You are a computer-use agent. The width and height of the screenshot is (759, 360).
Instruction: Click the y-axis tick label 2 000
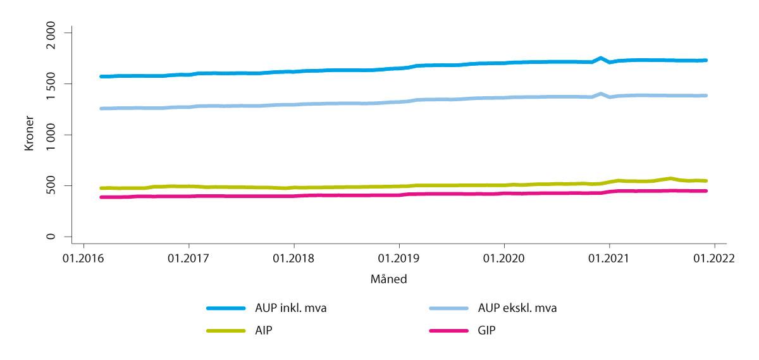57,32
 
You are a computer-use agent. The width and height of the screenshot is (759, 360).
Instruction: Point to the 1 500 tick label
57,84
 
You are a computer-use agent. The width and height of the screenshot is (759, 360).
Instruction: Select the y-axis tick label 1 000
57,135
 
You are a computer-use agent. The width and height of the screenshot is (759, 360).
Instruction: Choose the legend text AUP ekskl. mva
512,309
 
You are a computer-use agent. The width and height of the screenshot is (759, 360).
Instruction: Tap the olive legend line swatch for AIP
226,330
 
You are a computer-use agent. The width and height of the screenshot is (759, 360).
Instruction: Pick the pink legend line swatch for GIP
448,330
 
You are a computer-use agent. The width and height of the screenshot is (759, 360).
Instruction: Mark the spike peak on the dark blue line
601,58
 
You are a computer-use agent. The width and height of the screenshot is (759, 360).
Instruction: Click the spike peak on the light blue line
601,93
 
